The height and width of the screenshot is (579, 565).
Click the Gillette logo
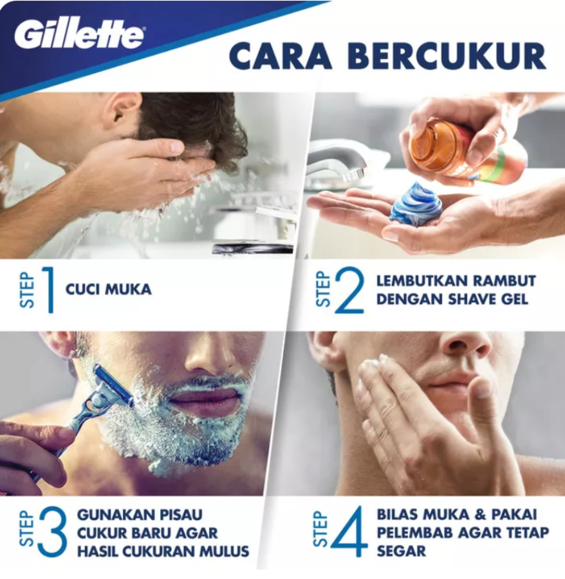80,35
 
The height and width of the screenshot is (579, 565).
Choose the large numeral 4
349,532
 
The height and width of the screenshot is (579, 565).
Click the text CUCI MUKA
109,289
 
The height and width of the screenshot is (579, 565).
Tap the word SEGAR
401,551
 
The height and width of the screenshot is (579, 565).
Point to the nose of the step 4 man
465,344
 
